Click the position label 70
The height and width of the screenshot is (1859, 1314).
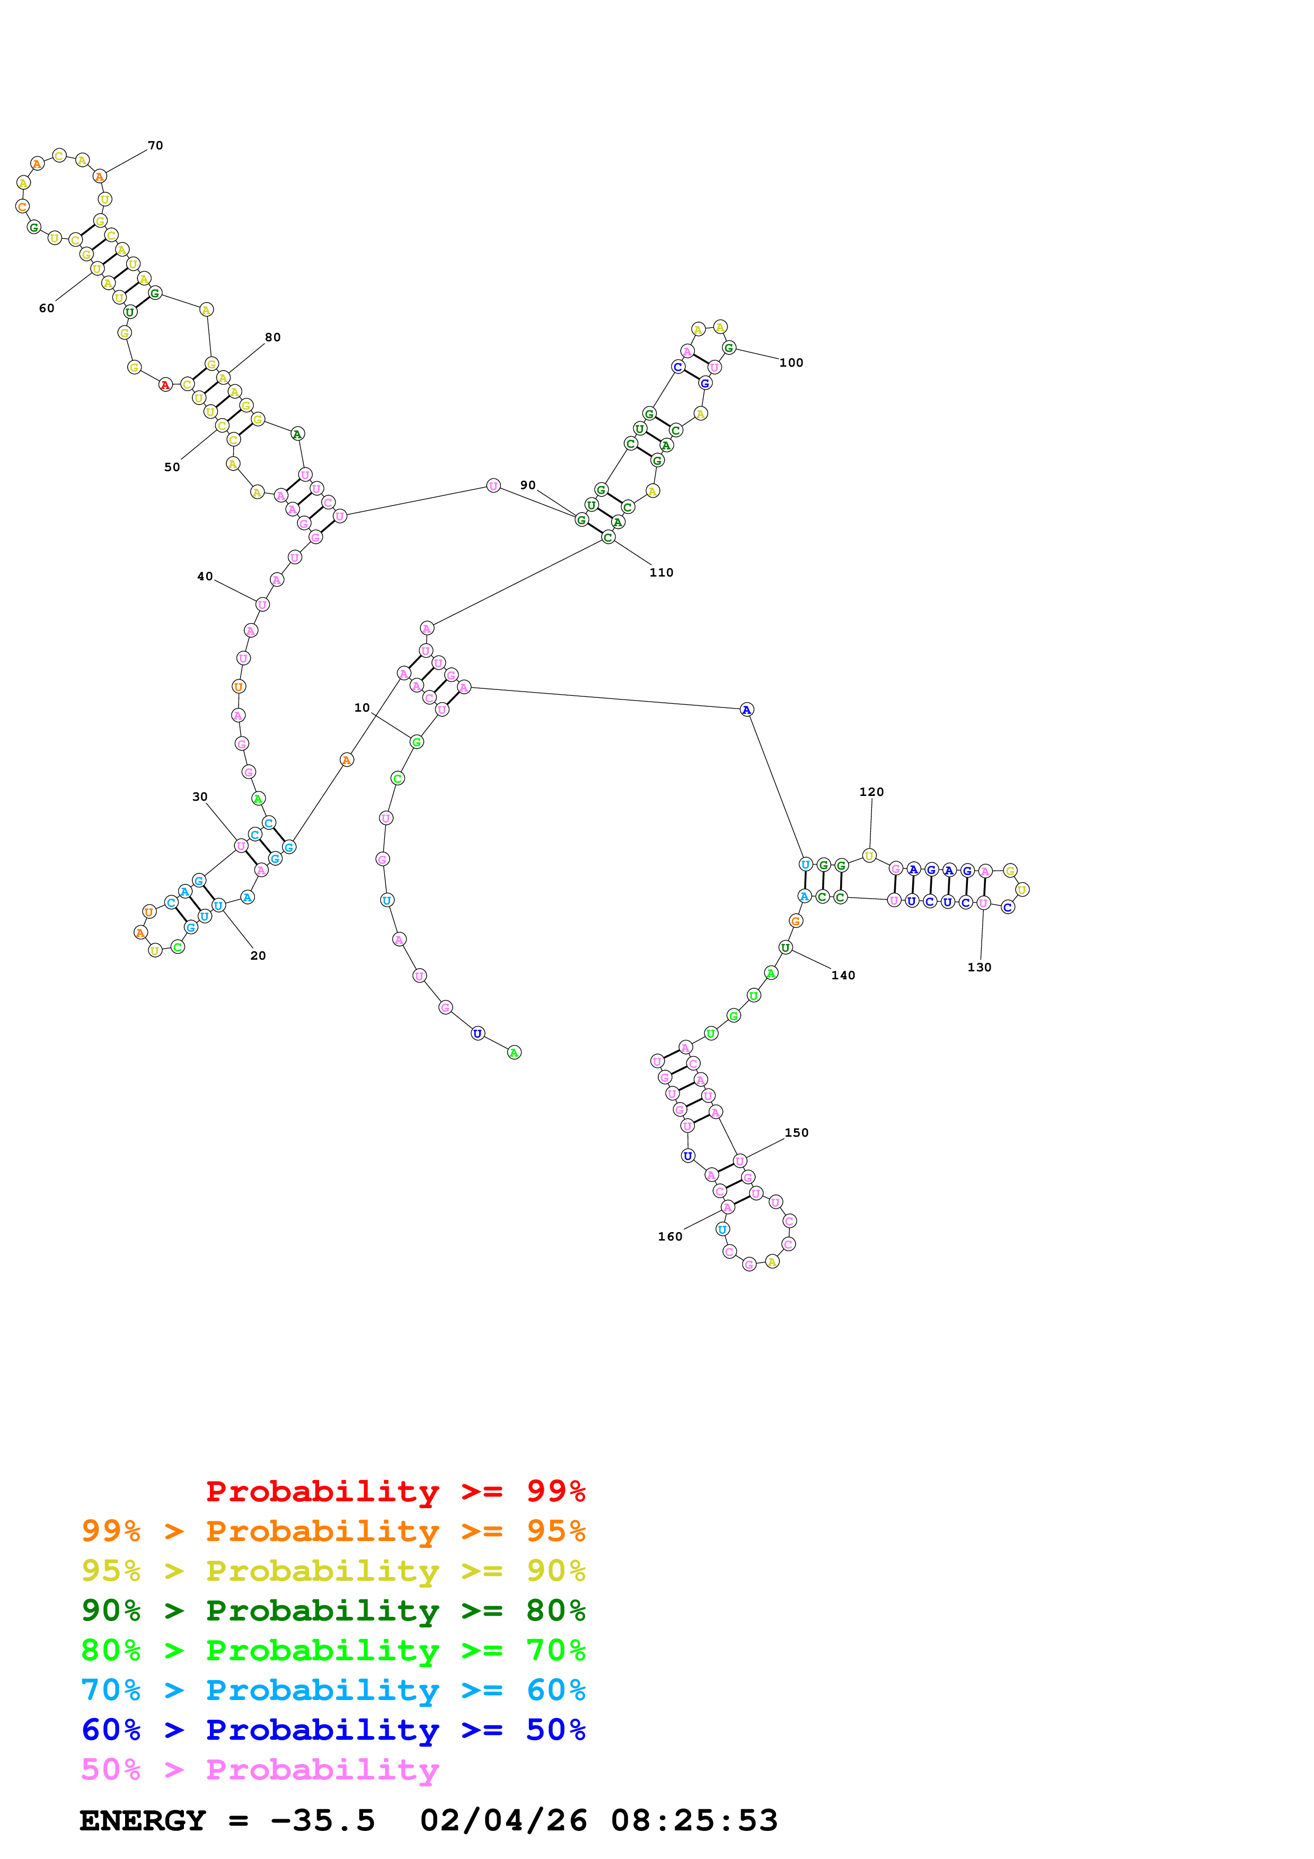tap(155, 146)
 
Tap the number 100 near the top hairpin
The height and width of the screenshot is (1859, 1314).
tap(790, 362)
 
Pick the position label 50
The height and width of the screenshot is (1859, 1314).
tap(172, 467)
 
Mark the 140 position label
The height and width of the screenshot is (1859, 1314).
tap(842, 975)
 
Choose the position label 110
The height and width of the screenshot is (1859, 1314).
tap(660, 572)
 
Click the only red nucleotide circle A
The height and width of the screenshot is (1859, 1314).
tap(165, 385)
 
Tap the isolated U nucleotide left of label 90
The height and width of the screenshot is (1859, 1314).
tap(493, 486)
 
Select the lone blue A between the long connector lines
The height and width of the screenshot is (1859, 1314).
tap(746, 710)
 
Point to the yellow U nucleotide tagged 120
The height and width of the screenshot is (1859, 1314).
tap(869, 856)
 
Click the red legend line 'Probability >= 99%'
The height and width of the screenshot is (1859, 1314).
tap(395, 1491)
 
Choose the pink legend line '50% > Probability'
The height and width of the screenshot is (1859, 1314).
tap(260, 1770)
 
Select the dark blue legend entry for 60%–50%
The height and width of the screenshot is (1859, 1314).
tap(333, 1730)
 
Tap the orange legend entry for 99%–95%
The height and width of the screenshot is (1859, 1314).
tap(333, 1531)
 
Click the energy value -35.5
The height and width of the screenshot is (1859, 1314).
tap(322, 1821)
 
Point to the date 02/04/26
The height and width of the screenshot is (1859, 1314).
tap(503, 1821)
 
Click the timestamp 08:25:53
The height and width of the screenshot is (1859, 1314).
tap(694, 1821)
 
